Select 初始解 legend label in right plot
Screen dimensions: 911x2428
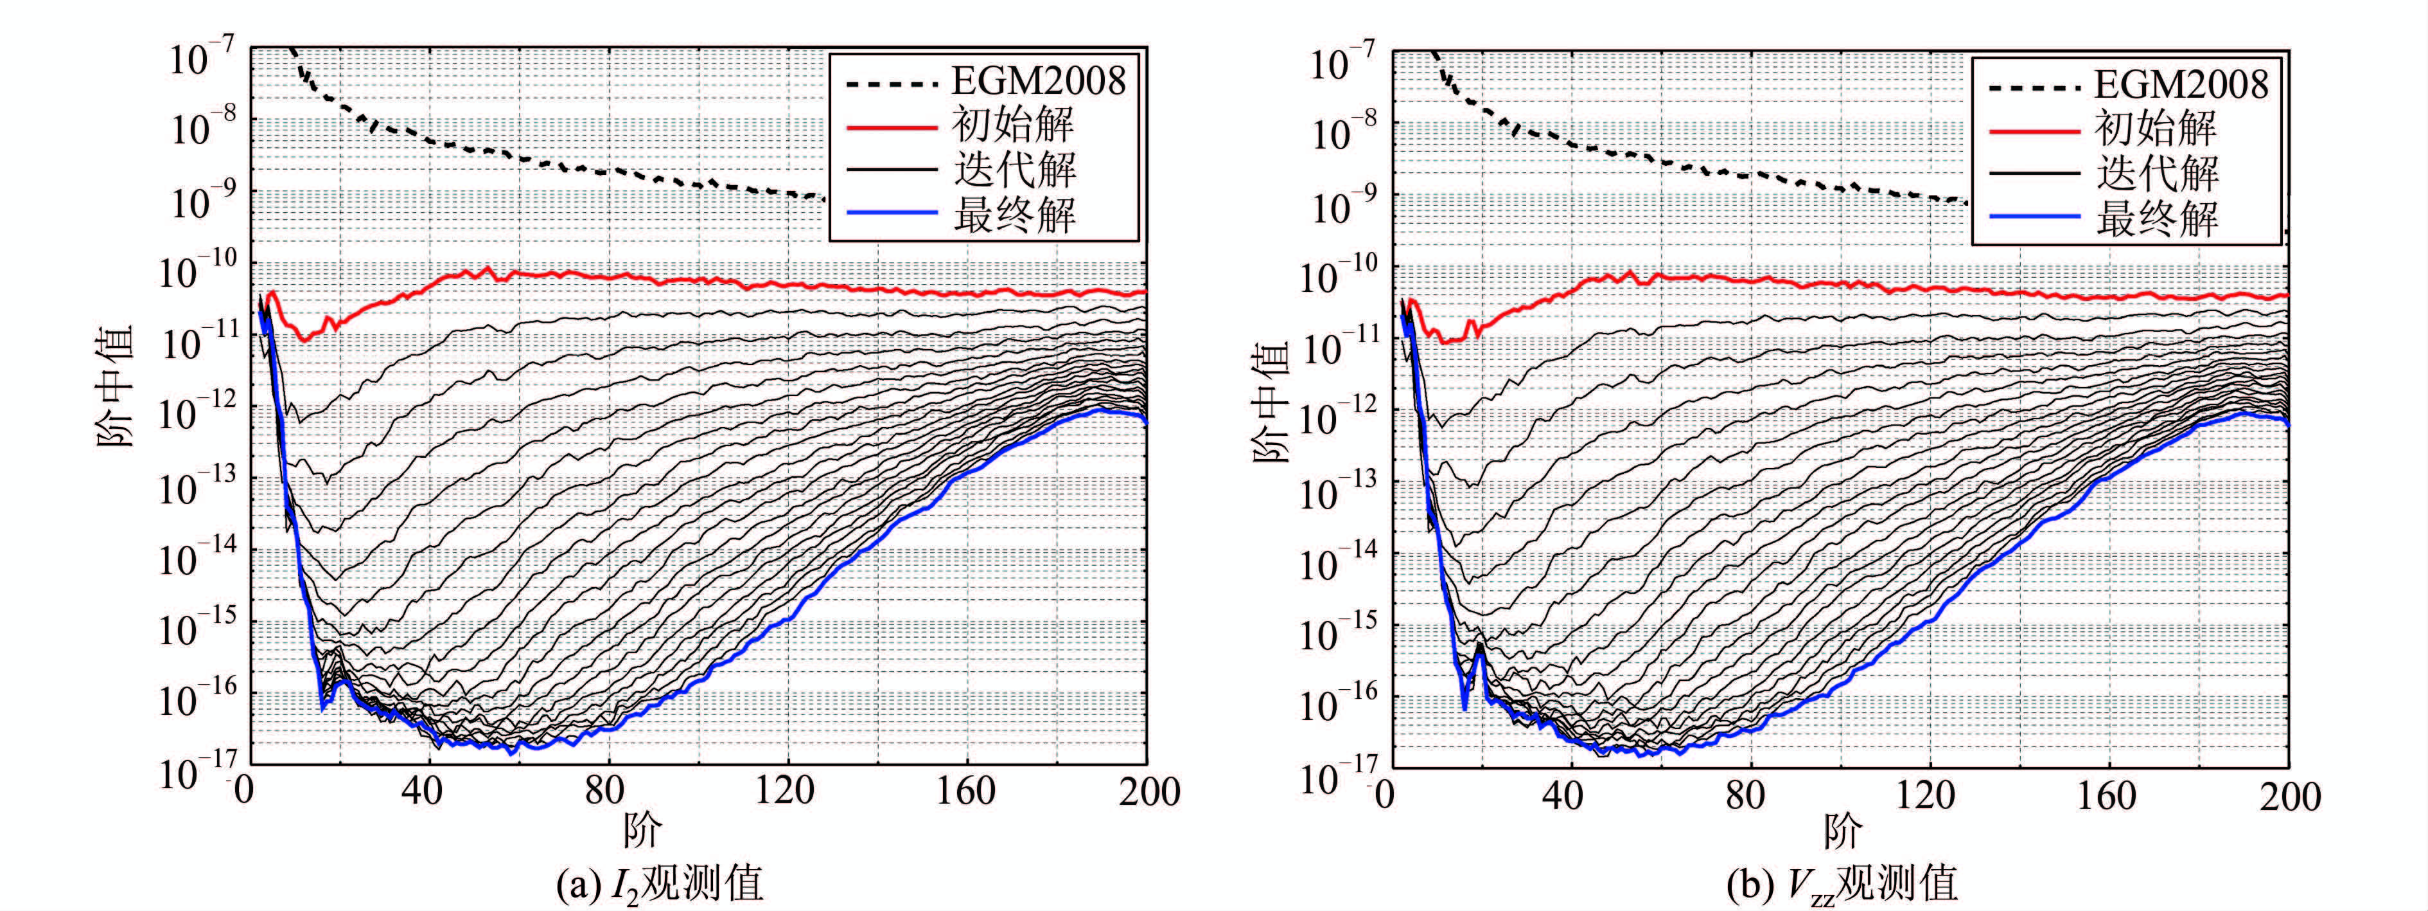tap(2156, 128)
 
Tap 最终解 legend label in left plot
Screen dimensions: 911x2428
tap(1014, 215)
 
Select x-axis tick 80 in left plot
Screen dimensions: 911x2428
tap(604, 790)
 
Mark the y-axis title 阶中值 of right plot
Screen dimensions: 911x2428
tap(1271, 401)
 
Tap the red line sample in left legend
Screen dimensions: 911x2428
tap(891, 125)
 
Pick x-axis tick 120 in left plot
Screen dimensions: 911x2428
tap(785, 790)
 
